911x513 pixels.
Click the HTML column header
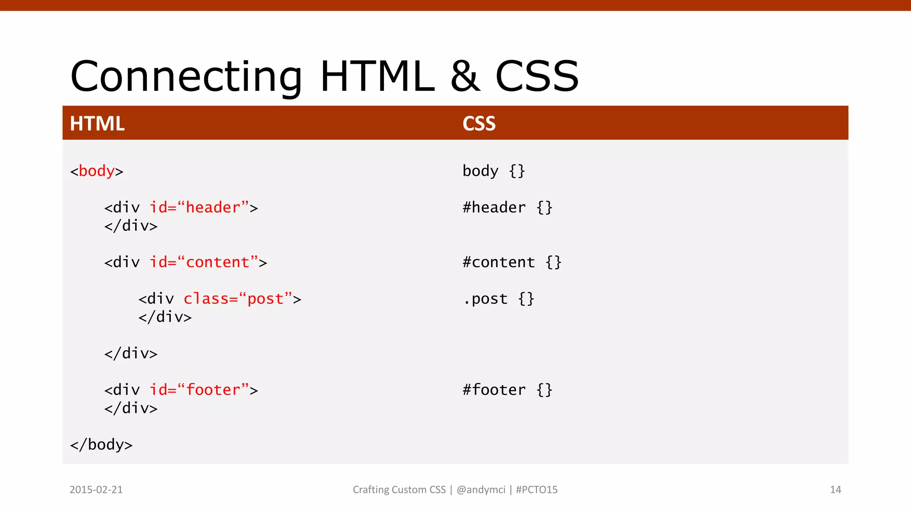[x=97, y=123]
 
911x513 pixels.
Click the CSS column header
[x=479, y=123]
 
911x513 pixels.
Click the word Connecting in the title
[x=186, y=77]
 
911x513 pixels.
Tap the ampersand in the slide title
[x=465, y=77]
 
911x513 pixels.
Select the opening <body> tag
[x=97, y=171]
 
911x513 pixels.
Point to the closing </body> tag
[x=101, y=444]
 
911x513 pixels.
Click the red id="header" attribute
[x=199, y=208]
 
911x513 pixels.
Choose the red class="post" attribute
[x=238, y=299]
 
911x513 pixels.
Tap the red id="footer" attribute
[x=199, y=390]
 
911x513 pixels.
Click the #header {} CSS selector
[x=507, y=208]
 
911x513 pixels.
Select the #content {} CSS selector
[x=512, y=262]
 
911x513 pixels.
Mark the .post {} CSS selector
[x=498, y=299]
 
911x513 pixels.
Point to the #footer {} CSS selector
[x=507, y=390]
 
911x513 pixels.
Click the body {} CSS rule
[x=494, y=171]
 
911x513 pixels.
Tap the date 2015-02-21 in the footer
[x=96, y=489]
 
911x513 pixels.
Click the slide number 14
[x=835, y=489]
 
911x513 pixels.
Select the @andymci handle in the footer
[x=481, y=489]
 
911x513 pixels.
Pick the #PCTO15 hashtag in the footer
[x=536, y=489]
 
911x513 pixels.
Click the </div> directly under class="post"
[x=165, y=317]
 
